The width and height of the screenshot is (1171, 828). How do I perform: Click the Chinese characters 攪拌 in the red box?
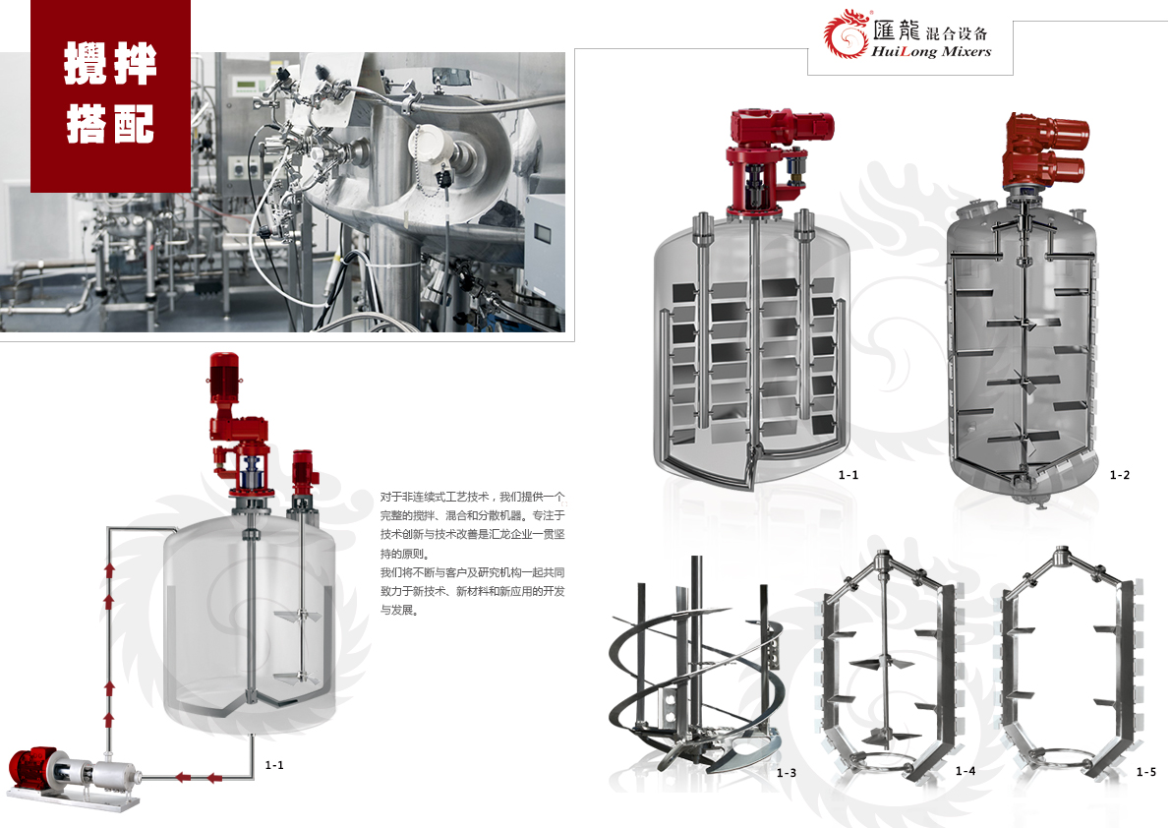tap(110, 63)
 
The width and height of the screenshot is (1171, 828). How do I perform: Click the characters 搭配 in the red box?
tap(110, 123)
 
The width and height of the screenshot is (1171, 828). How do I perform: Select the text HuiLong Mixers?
tap(931, 51)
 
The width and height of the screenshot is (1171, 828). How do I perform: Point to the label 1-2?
tap(1120, 475)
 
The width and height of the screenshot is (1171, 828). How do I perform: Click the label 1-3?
tap(787, 773)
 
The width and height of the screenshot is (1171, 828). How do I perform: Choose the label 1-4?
tap(966, 771)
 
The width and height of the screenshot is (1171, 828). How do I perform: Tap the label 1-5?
tap(1146, 771)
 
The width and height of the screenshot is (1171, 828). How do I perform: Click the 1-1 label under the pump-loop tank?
tap(274, 764)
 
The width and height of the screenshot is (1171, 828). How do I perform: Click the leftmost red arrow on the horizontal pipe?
tap(182, 777)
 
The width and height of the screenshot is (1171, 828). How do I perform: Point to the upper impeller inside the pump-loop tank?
tap(299, 618)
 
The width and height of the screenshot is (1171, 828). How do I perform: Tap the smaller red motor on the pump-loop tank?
tap(305, 473)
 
